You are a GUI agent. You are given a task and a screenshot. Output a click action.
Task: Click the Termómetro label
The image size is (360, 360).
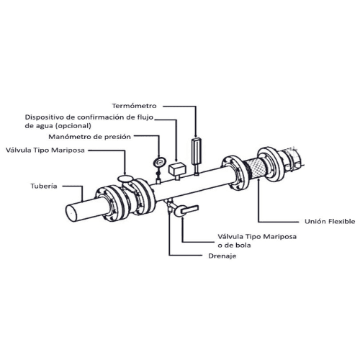(x=134, y=106)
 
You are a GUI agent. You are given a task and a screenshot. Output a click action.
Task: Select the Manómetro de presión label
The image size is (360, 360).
(x=89, y=137)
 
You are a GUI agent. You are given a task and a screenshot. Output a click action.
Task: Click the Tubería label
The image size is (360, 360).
(x=44, y=186)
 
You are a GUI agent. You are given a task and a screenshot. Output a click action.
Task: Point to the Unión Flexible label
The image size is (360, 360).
(x=330, y=221)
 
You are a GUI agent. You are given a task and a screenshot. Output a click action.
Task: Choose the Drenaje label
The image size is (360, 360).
(x=222, y=256)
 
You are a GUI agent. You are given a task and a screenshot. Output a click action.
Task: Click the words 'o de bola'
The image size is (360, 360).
(x=234, y=246)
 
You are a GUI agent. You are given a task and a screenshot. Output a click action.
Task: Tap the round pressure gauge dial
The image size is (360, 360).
(x=159, y=162)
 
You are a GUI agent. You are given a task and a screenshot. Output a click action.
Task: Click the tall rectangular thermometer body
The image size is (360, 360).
(x=196, y=151)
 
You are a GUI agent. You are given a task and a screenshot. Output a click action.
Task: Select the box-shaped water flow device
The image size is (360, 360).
(x=178, y=168)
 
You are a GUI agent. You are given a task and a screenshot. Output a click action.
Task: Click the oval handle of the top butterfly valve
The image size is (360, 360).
(x=125, y=179)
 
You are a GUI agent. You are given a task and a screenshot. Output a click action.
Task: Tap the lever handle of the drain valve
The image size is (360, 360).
(x=190, y=209)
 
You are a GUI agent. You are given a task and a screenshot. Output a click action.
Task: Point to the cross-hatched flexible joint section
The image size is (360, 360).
(x=255, y=168)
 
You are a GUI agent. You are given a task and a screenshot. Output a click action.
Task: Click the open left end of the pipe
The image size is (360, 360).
(x=71, y=214)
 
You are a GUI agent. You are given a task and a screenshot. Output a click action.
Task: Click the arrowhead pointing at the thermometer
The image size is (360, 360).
(x=196, y=136)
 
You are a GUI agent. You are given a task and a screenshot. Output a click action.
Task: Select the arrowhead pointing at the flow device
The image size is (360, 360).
(x=176, y=160)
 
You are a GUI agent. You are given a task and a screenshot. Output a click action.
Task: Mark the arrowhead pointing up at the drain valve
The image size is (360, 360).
(x=182, y=219)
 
